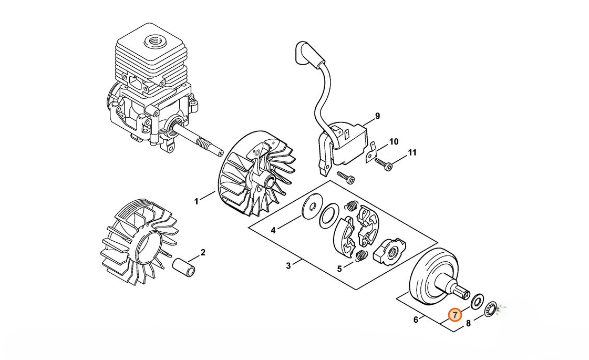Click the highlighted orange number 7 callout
[455, 315]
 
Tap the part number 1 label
[196, 202]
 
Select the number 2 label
[203, 253]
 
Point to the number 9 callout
[377, 116]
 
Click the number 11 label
[412, 152]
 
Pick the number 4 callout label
[273, 230]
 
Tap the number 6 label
[416, 320]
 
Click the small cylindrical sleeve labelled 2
[184, 267]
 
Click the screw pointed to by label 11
[384, 164]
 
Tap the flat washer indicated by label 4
[312, 204]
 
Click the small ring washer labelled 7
[477, 301]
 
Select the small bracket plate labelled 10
[371, 152]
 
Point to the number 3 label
[288, 266]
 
